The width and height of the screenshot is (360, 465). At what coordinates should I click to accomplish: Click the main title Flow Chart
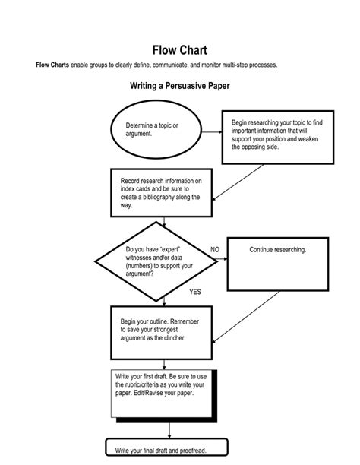[x=180, y=50]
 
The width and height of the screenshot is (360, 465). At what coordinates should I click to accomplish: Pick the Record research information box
[x=156, y=193]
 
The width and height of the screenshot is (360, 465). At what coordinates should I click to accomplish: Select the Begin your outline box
[x=156, y=332]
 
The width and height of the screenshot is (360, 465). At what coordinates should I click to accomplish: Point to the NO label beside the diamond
[x=215, y=249]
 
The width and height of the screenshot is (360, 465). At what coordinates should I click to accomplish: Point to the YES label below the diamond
[x=195, y=292]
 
